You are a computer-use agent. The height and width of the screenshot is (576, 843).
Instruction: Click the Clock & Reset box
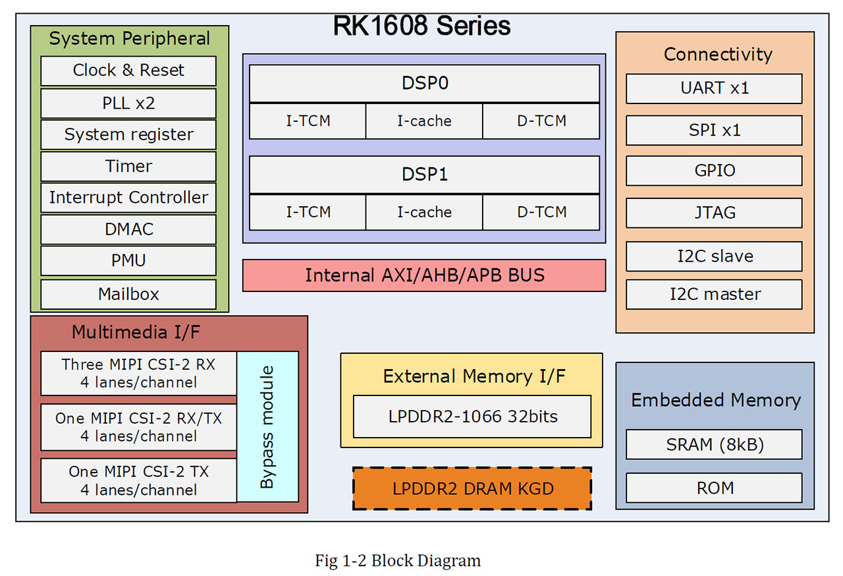128,71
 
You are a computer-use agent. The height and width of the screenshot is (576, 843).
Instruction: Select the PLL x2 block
128,103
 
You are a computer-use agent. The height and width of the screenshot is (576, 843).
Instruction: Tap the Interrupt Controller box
128,198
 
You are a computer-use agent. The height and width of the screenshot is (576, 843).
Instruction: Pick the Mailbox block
128,294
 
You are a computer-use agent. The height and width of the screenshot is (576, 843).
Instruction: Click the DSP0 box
424,84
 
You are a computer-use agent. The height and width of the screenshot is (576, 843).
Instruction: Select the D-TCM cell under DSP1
541,212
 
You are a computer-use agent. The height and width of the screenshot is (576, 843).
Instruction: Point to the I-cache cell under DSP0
424,121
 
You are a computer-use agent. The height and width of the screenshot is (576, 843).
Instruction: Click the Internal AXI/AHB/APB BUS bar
424,275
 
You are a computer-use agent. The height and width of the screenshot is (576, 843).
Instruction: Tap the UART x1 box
714,88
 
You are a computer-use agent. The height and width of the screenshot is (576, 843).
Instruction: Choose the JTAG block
714,213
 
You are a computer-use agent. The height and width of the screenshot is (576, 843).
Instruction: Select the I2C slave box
714,256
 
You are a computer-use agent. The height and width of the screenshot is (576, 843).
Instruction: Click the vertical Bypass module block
267,427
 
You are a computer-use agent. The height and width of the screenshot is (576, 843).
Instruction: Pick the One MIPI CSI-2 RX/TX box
138,427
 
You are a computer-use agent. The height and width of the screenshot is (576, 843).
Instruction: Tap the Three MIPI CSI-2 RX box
138,373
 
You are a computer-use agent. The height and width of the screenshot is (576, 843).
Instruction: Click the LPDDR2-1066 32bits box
472,417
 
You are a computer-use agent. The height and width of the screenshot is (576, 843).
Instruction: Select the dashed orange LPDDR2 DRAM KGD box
472,488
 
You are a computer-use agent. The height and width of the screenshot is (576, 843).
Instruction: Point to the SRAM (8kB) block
714,445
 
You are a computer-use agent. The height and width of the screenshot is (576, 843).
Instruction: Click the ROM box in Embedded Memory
714,488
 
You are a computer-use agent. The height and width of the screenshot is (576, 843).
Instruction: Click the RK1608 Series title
421,26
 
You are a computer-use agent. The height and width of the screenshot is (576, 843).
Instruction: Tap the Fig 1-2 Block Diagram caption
398,561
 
